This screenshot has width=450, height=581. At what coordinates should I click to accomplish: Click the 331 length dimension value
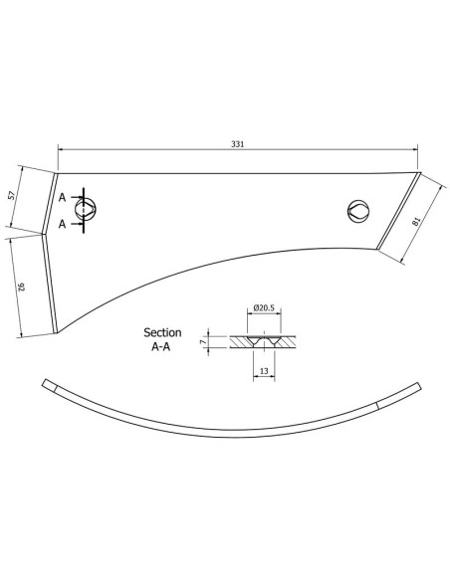coord(238,144)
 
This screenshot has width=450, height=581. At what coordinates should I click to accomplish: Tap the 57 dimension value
coord(12,195)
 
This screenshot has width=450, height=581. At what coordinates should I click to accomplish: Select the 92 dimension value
coord(22,287)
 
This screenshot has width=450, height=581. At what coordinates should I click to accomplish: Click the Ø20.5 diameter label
coord(264,307)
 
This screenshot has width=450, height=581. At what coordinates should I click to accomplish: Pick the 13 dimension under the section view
coord(264,371)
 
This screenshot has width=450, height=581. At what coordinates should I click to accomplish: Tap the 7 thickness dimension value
coord(203,342)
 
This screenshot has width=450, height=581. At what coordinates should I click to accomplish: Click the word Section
coord(162,332)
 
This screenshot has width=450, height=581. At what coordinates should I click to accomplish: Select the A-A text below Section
coord(161,347)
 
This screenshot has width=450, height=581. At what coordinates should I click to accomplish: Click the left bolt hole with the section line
coord(86,209)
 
